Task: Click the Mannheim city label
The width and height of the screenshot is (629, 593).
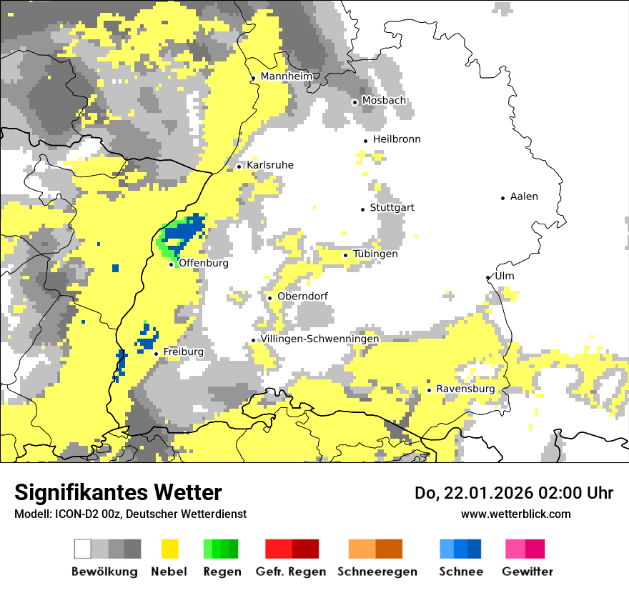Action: coord(287,76)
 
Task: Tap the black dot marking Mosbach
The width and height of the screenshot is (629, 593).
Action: coord(355,102)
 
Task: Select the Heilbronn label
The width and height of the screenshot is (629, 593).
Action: coord(397,139)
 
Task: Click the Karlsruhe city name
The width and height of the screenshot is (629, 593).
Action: coord(270,165)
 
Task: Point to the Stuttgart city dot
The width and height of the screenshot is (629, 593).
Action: coord(362,209)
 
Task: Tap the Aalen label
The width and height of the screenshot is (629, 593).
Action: coord(524,196)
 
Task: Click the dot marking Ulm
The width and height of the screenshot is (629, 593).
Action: coord(487,277)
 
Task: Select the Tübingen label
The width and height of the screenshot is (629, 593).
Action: coord(375,254)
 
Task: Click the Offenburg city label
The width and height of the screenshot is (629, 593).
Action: coord(204,263)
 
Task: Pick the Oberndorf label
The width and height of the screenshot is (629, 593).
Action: coord(302,296)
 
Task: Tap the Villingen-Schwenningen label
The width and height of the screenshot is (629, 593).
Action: coord(320,339)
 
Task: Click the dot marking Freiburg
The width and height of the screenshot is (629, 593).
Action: coord(156,353)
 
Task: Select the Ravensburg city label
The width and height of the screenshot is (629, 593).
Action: coord(465,389)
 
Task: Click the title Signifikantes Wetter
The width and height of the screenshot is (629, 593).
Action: coord(118,492)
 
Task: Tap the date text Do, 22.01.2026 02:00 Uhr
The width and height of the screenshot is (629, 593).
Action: coord(514,493)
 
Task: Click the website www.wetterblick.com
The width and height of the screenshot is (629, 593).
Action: coord(515,514)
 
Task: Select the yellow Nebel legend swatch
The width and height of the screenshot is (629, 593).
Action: coord(169,549)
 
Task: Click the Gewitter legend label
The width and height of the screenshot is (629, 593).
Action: coord(527,572)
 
